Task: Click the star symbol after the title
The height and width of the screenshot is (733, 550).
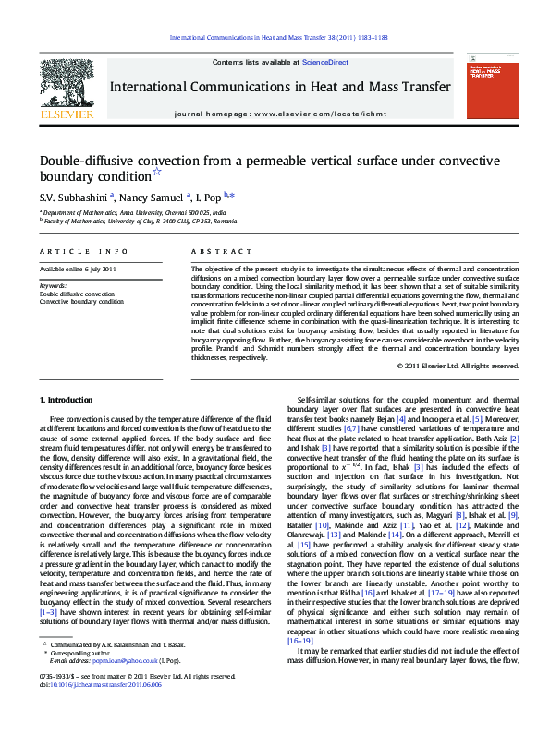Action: pyautogui.click(x=156, y=172)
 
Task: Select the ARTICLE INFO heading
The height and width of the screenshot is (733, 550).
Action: pyautogui.click(x=84, y=251)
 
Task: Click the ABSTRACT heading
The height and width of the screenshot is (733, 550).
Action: pyautogui.click(x=221, y=251)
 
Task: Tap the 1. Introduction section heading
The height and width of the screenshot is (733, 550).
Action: pyautogui.click(x=66, y=400)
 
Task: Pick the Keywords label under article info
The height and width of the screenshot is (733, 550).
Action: pyautogui.click(x=53, y=286)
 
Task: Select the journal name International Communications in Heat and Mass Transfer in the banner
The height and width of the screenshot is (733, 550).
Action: pyautogui.click(x=280, y=87)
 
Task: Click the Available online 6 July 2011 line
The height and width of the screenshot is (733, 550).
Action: pyautogui.click(x=78, y=269)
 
